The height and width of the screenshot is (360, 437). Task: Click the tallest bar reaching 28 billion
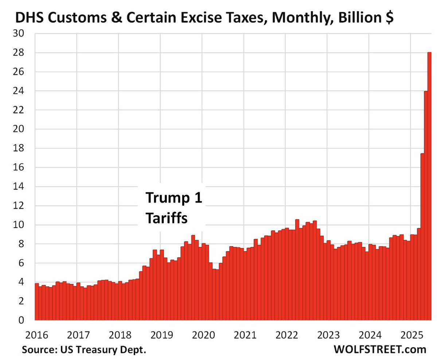tap(429, 186)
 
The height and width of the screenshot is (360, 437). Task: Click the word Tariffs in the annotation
tap(167, 218)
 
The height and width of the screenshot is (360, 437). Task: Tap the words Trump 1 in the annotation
tap(173, 199)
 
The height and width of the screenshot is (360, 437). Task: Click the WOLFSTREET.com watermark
tap(380, 349)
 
